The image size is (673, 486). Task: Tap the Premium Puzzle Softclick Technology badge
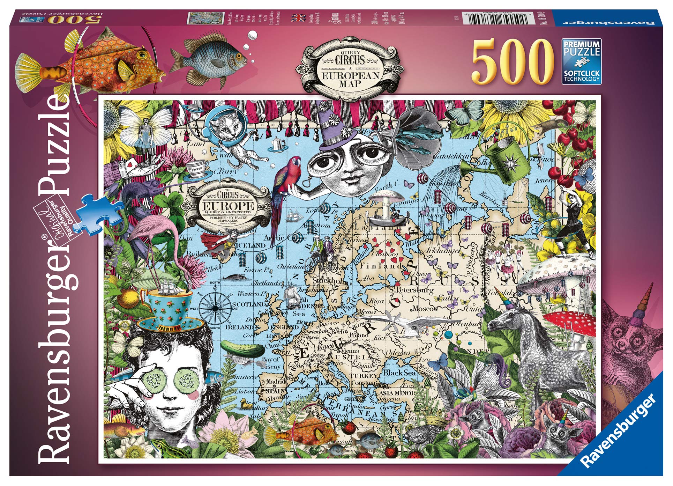click(581, 62)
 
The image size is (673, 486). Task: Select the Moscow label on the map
click(425, 309)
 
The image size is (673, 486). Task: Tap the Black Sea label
click(400, 373)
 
